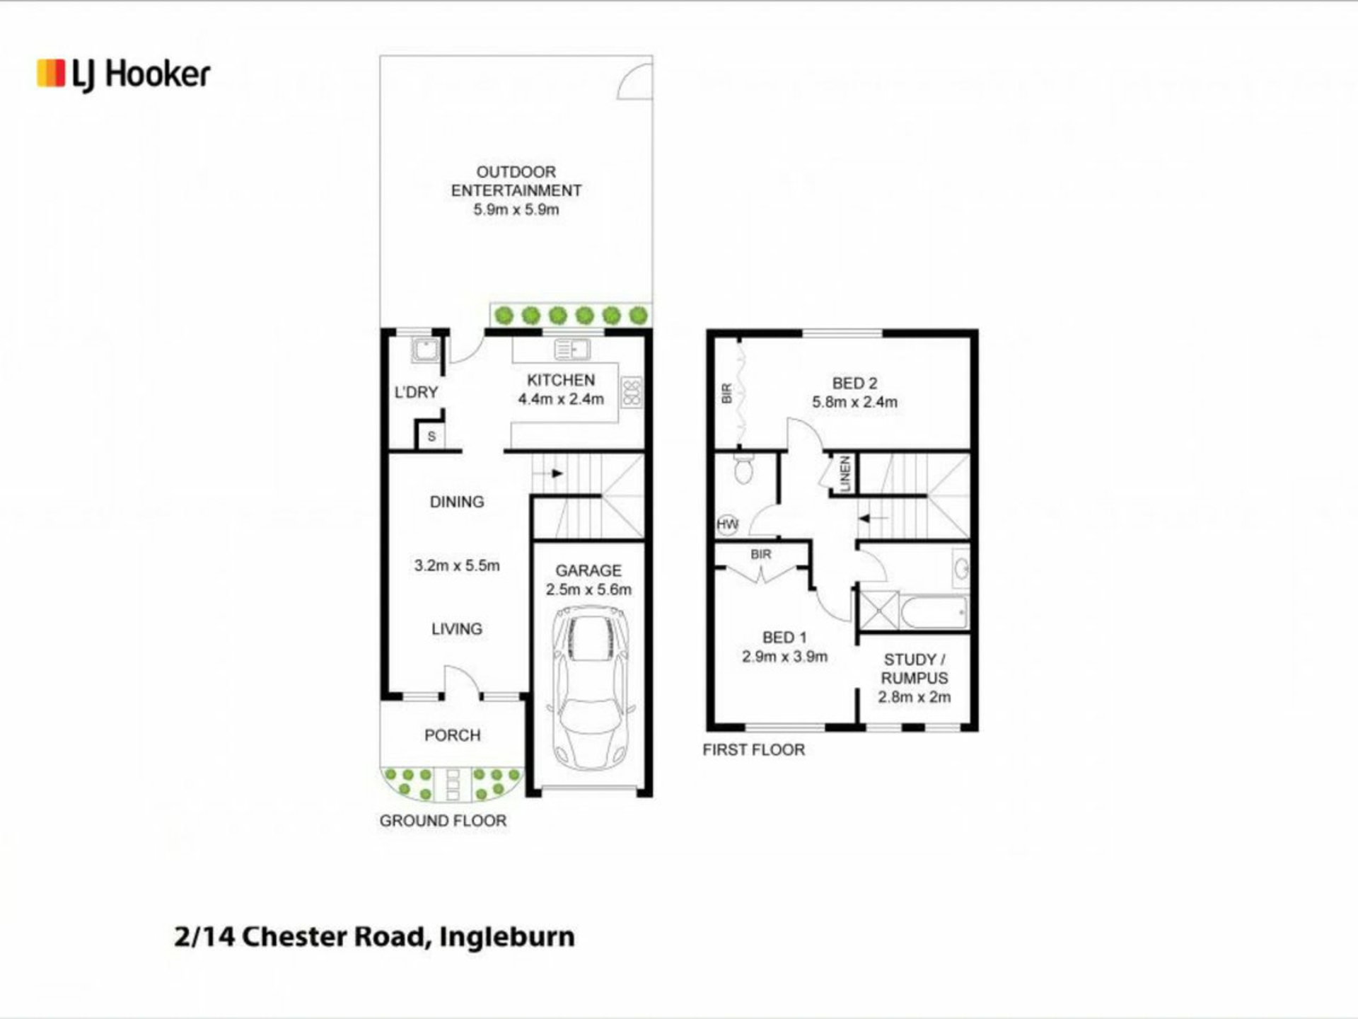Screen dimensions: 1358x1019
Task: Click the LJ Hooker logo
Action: (124, 74)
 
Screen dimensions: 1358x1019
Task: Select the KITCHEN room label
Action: (561, 380)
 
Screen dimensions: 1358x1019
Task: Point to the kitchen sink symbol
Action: (571, 350)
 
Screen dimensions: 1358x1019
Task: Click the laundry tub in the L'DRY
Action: (426, 350)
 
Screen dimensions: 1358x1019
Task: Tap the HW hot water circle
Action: (727, 524)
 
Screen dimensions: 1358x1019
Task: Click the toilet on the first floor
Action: (743, 468)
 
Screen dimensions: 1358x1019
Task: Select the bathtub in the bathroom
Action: (934, 612)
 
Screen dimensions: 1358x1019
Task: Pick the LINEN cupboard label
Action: (845, 473)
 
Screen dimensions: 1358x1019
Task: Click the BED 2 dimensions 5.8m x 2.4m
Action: (854, 402)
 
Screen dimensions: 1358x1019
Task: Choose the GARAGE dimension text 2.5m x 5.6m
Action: (588, 589)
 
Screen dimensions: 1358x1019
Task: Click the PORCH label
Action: (453, 735)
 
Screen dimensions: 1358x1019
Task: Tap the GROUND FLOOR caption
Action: (443, 821)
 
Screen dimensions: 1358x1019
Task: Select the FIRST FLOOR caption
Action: (754, 750)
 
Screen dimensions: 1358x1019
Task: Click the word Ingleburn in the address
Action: (507, 938)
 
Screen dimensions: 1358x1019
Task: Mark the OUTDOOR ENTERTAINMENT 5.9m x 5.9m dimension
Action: (516, 209)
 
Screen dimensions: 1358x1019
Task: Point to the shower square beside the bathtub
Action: (878, 611)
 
